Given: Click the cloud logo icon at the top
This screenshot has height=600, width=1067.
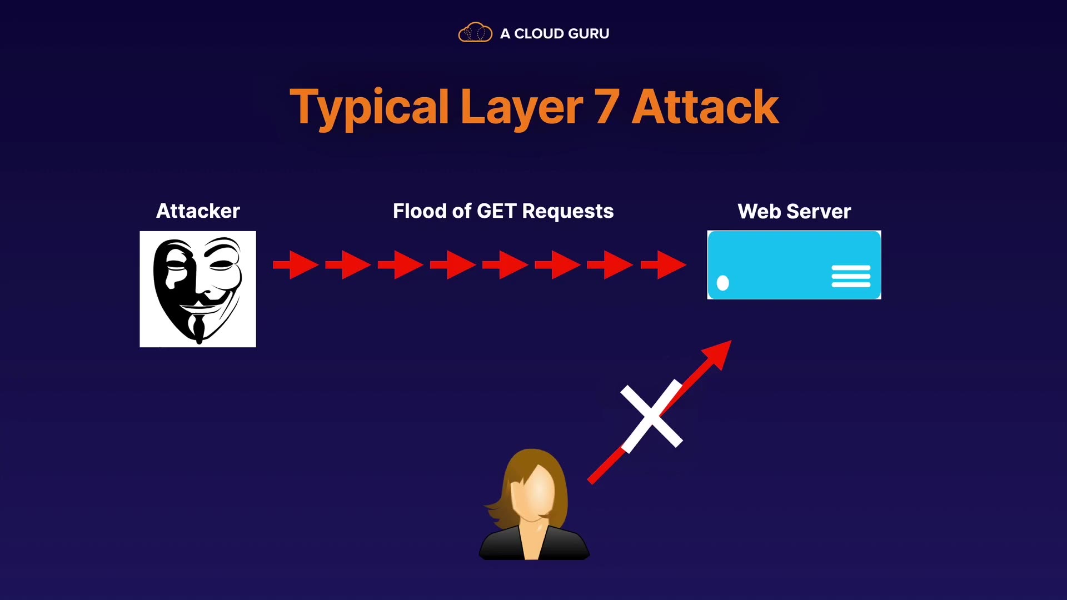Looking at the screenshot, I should [475, 33].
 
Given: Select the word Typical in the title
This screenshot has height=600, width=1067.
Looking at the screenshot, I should [369, 107].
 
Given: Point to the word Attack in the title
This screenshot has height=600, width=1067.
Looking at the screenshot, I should [705, 107].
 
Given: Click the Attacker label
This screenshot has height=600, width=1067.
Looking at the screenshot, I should [198, 211].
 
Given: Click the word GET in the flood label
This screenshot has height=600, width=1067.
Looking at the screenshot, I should [497, 211].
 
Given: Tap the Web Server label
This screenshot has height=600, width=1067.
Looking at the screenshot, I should [794, 212].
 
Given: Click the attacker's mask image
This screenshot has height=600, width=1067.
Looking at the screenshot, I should [198, 289].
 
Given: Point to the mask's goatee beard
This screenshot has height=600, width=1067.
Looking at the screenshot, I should [198, 331].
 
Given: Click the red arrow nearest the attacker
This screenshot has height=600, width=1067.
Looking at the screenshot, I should [296, 265].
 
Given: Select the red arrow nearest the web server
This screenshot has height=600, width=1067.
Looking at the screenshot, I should [664, 265].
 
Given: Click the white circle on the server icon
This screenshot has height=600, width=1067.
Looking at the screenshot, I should [722, 283].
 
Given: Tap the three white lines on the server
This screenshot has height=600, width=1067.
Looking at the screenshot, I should [851, 276].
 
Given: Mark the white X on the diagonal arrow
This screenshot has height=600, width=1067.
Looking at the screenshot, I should [651, 416].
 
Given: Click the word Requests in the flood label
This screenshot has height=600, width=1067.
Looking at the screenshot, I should [567, 211].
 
